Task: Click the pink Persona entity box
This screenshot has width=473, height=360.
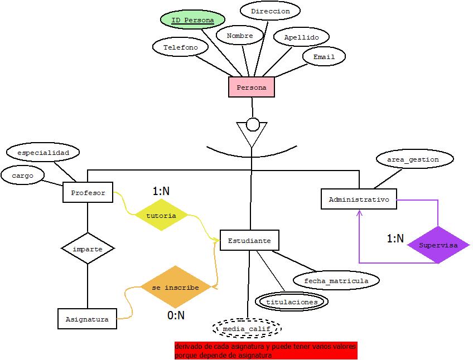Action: pyautogui.click(x=252, y=87)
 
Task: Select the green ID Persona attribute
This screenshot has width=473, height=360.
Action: pyautogui.click(x=192, y=21)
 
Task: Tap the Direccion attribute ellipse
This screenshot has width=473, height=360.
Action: pyautogui.click(x=270, y=11)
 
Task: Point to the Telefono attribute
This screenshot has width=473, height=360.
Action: pyautogui.click(x=180, y=47)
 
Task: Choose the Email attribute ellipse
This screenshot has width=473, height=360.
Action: pyautogui.click(x=324, y=57)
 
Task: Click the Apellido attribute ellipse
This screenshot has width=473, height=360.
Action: pyautogui.click(x=301, y=37)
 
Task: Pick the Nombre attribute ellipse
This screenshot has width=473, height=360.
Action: pyautogui.click(x=240, y=36)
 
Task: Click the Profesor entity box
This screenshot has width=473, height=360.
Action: pyautogui.click(x=88, y=193)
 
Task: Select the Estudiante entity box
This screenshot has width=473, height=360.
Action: pyautogui.click(x=249, y=241)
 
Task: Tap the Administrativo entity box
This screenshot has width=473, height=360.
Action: pyautogui.click(x=359, y=200)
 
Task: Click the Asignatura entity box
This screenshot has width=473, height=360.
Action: pyautogui.click(x=87, y=319)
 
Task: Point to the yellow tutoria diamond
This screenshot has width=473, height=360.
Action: pyautogui.click(x=161, y=215)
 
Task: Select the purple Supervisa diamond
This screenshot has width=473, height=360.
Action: pyautogui.click(x=438, y=245)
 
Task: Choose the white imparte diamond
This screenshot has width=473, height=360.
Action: pyautogui.click(x=88, y=249)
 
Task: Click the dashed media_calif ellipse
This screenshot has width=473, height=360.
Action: pyautogui.click(x=246, y=329)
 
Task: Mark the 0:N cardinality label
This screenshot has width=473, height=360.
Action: pyautogui.click(x=176, y=315)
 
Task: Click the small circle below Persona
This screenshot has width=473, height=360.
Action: pyautogui.click(x=252, y=124)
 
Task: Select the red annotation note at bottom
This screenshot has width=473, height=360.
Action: pyautogui.click(x=265, y=351)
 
